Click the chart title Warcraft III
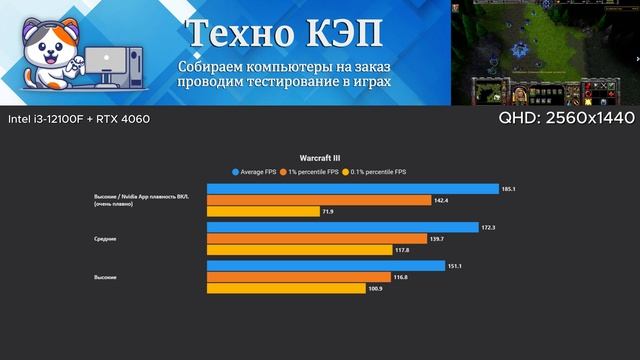tap(319, 158)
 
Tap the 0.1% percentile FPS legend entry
tap(376, 171)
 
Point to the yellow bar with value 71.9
tap(263, 212)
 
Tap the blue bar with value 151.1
tap(326, 266)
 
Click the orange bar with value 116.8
tap(299, 277)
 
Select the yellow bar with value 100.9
tap(286, 289)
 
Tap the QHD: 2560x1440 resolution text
tap(566, 119)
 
